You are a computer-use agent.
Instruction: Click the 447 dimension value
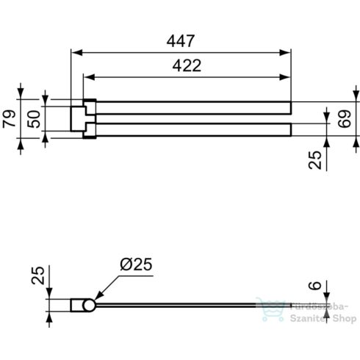pyautogui.click(x=181, y=41)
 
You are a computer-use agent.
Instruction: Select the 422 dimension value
pyautogui.click(x=187, y=65)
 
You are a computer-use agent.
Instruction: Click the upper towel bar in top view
pyautogui.click(x=191, y=107)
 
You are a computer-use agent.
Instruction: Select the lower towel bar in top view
pyautogui.click(x=191, y=130)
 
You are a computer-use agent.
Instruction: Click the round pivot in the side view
pyautogui.click(x=88, y=305)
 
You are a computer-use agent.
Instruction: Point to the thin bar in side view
pyautogui.click(x=191, y=303)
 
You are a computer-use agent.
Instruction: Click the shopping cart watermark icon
pyautogui.click(x=267, y=312)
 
